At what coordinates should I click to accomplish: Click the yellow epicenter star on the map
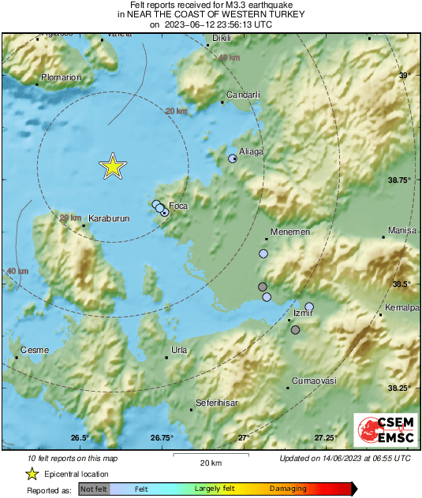(x=113, y=166)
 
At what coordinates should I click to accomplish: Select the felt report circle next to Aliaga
(x=233, y=159)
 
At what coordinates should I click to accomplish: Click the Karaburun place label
(x=108, y=217)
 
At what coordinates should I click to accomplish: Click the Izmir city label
(x=303, y=313)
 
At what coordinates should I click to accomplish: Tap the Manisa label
(x=402, y=231)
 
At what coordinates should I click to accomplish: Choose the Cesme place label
(x=35, y=350)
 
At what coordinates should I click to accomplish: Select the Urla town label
(x=179, y=349)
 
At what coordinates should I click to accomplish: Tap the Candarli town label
(x=244, y=95)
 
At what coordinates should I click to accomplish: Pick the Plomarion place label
(x=62, y=78)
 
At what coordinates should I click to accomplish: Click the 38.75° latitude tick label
(x=402, y=180)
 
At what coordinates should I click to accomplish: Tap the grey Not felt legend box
(x=94, y=489)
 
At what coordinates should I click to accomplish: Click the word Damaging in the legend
(x=288, y=489)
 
